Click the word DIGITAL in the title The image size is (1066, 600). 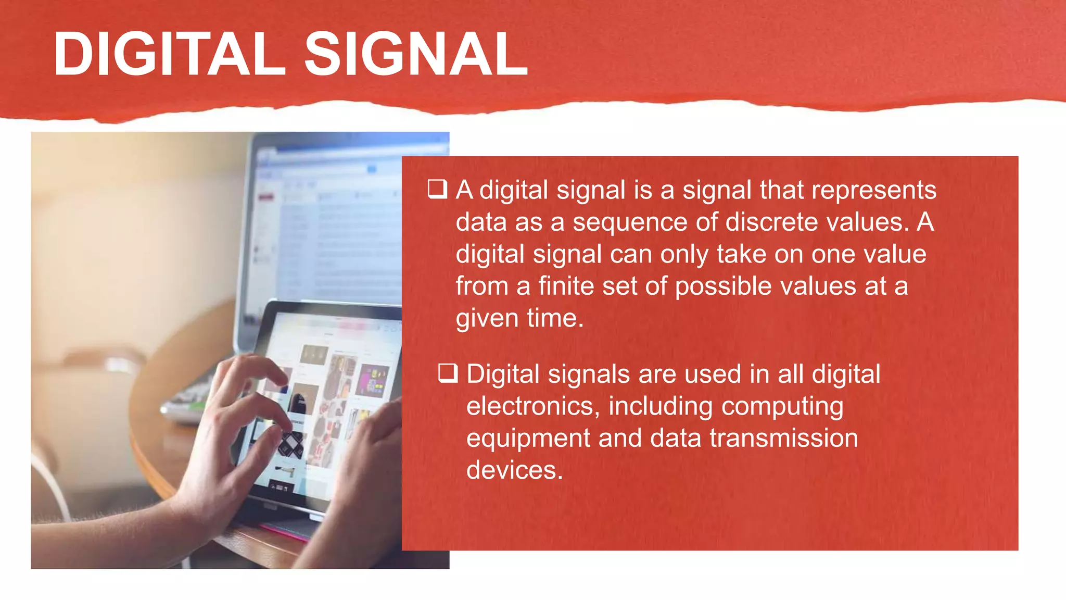tap(170, 54)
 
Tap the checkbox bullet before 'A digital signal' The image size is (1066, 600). tap(437, 189)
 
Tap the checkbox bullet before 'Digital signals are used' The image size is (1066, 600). tap(448, 373)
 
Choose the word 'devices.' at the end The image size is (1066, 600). tap(514, 470)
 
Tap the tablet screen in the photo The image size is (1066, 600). tap(333, 396)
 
